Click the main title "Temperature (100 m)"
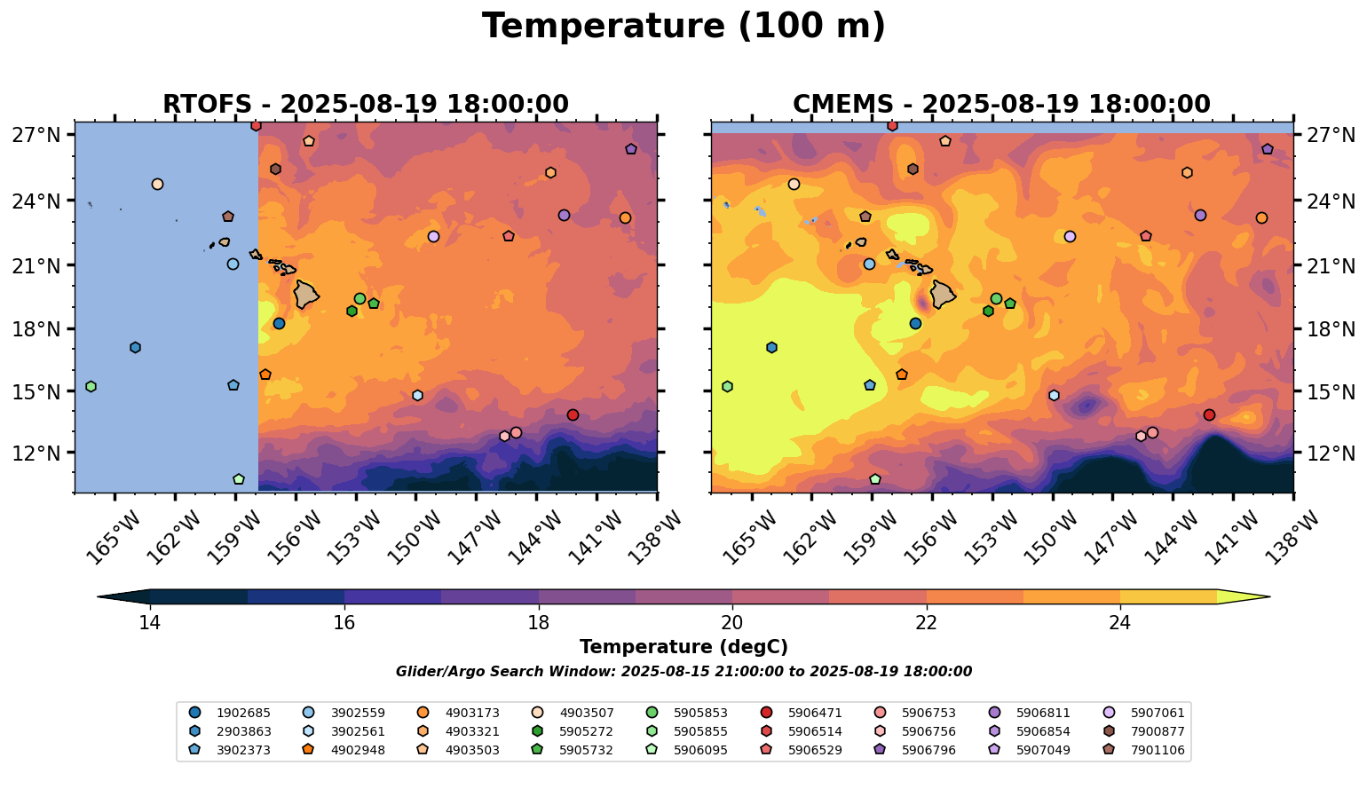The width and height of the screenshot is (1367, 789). [683, 27]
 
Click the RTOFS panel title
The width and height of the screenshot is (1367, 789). [365, 104]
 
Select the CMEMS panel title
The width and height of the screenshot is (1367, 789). [1001, 104]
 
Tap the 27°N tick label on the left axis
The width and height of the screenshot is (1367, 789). [36, 135]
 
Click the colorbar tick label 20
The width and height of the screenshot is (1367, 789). [732, 622]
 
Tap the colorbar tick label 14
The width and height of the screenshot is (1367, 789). [150, 622]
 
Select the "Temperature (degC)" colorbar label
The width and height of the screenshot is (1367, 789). [683, 647]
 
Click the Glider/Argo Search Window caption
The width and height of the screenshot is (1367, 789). [683, 672]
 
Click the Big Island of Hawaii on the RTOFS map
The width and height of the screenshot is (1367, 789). [306, 294]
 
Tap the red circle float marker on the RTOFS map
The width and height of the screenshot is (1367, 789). [573, 414]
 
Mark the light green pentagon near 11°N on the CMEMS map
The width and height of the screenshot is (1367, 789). [875, 479]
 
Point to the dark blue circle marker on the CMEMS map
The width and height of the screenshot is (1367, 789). [915, 323]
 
